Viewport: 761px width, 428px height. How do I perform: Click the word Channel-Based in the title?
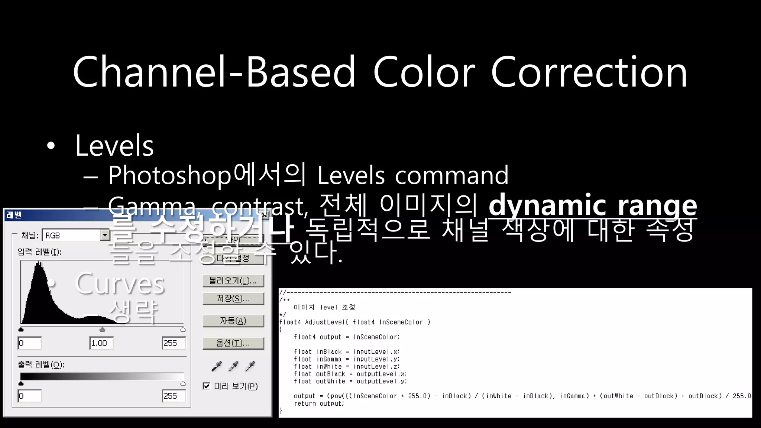tap(214, 72)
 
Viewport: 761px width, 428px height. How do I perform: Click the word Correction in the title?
tap(589, 72)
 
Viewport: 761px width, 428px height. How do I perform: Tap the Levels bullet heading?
tap(114, 146)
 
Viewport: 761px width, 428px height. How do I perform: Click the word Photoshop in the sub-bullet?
tap(169, 175)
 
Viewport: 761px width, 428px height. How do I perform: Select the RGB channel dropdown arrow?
tap(105, 235)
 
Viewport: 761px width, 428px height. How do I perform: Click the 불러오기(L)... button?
tap(233, 281)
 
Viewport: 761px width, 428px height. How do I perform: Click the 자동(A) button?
tap(233, 321)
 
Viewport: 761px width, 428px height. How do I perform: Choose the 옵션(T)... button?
tap(233, 343)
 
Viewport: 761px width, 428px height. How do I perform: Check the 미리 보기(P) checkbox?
tap(207, 386)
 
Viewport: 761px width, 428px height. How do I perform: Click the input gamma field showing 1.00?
tap(101, 343)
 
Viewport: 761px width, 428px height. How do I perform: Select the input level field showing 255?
tap(174, 343)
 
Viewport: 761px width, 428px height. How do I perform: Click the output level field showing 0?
tap(30, 396)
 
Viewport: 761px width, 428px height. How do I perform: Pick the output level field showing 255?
tap(174, 396)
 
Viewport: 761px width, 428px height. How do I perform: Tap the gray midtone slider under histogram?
tap(103, 330)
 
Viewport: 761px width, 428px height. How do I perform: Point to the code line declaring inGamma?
tap(346, 359)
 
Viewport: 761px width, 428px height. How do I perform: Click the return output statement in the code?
tap(319, 403)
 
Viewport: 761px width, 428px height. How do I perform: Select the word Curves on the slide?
tap(120, 284)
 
